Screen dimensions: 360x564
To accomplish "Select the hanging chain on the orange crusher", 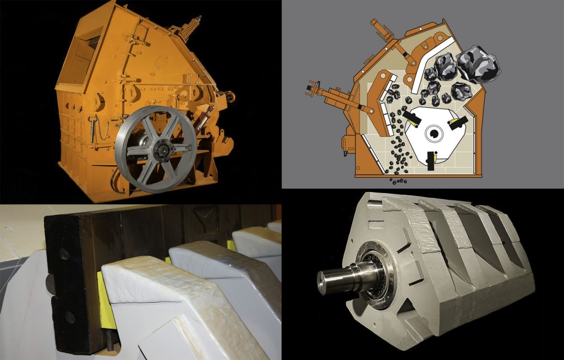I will [x=103, y=130].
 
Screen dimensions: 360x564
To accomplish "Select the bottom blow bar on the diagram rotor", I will [x=430, y=157].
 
